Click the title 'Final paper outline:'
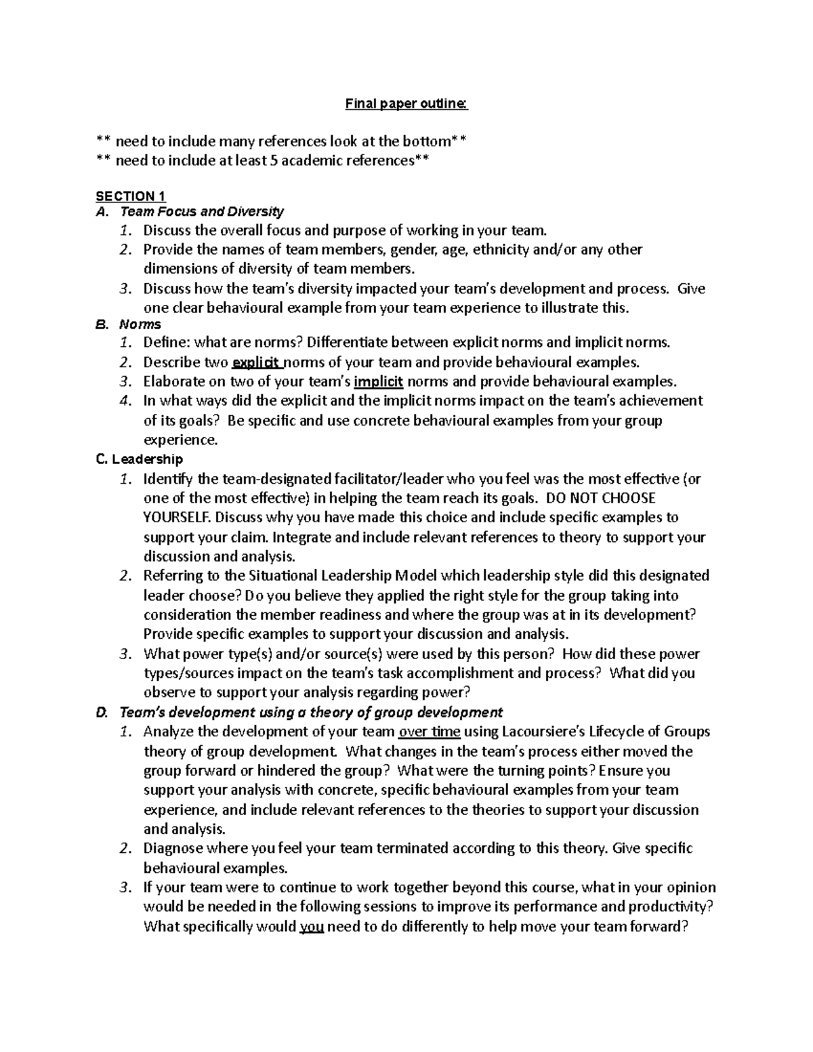[406, 104]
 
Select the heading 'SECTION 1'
[130, 196]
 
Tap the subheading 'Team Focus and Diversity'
[201, 211]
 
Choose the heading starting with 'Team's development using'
[310, 712]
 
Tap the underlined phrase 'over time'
[430, 732]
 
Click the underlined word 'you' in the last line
[311, 926]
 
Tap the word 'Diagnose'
[172, 848]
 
